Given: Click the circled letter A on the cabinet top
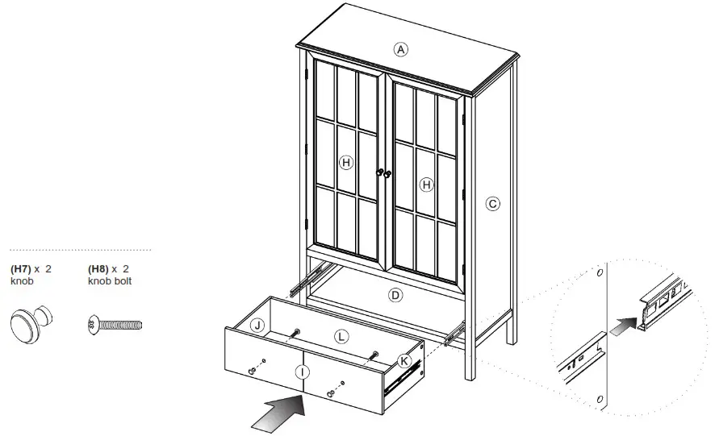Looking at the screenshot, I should pos(400,48).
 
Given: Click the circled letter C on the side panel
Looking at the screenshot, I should pos(492,204).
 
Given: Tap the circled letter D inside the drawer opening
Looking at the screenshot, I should pos(395,295).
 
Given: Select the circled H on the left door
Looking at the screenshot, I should pos(346,163).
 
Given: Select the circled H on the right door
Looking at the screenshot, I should pos(427,185).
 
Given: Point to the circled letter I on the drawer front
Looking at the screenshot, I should pos(302,372).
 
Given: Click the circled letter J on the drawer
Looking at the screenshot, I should pos(257,326).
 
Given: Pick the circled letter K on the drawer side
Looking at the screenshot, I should pos(405,360).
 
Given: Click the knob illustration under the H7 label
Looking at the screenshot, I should pos(31,326).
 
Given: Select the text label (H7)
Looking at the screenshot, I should pos(21,268).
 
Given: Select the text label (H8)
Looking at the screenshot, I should pos(98,268).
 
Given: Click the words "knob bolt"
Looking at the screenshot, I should pos(109,281).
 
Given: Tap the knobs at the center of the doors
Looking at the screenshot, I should pos(382,172).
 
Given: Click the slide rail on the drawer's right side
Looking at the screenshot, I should pos(403,379).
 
